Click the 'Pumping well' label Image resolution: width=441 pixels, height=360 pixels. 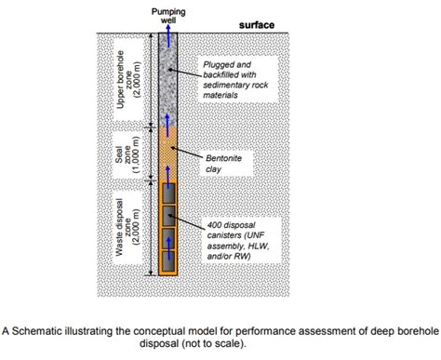(x=167, y=14)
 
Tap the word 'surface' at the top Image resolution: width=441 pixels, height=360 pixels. (x=256, y=24)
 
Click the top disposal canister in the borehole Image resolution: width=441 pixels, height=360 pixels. (x=169, y=193)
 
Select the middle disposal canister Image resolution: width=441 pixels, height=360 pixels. (x=169, y=217)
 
